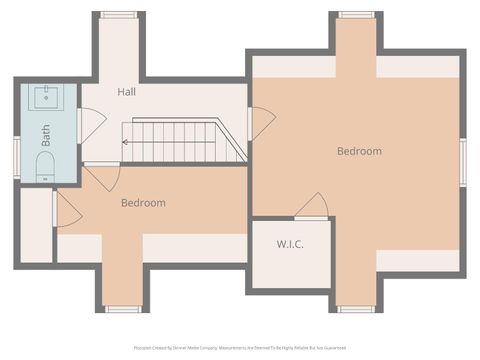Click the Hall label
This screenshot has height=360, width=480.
[x=126, y=92]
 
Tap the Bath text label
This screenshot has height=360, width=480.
[x=46, y=135]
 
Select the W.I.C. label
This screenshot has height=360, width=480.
[x=290, y=245]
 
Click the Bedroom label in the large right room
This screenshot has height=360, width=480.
[x=359, y=151]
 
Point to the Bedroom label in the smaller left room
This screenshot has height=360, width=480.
[x=143, y=203]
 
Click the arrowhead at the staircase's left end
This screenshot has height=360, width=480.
[x=125, y=142]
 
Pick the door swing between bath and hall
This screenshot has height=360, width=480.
[x=92, y=125]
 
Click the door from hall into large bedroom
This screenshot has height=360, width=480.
[x=261, y=123]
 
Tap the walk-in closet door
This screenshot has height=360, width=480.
[x=312, y=206]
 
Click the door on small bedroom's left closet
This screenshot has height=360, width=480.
[x=67, y=209]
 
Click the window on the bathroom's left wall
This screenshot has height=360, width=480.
[x=16, y=157]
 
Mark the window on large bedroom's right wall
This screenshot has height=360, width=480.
[x=462, y=162]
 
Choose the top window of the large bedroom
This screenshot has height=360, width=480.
[x=355, y=15]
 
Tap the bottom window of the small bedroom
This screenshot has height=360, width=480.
[x=122, y=309]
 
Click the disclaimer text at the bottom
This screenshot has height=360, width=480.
[x=239, y=348]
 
